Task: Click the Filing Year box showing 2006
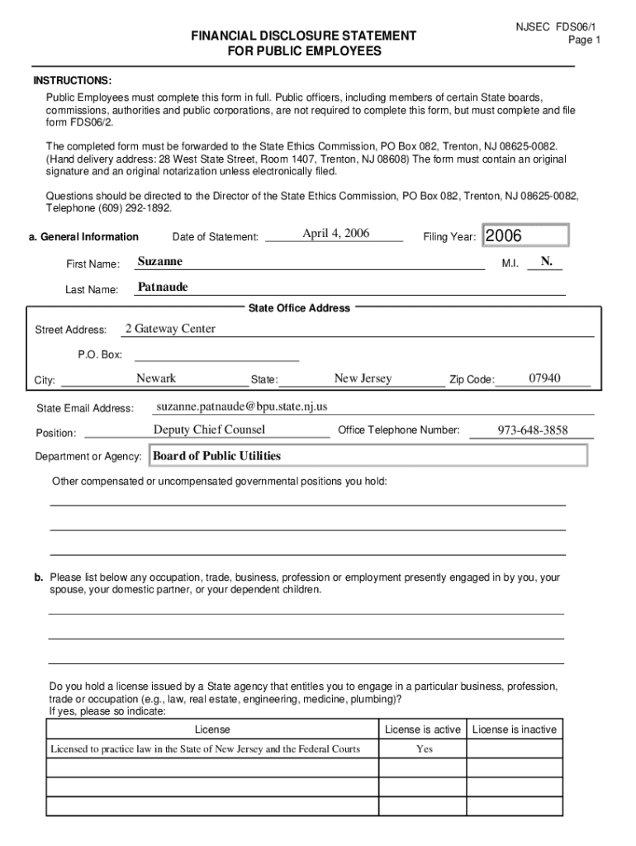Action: coord(526,236)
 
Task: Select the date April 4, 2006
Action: coord(335,233)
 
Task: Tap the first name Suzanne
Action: coord(160,262)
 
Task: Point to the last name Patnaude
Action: coord(163,288)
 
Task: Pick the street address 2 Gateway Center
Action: coord(170,329)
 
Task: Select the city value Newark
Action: coord(156,378)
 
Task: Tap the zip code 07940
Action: coord(545,378)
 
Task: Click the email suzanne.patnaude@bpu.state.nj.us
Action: coord(242,406)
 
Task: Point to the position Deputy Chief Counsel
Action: coord(209,430)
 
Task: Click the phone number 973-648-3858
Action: coord(533,430)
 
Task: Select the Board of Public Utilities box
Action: coord(367,456)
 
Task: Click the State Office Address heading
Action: coord(299,308)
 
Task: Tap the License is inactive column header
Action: coord(515,730)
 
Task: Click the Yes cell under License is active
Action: coord(424,749)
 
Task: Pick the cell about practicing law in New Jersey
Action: coord(206,749)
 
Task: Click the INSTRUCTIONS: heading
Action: coord(73,80)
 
